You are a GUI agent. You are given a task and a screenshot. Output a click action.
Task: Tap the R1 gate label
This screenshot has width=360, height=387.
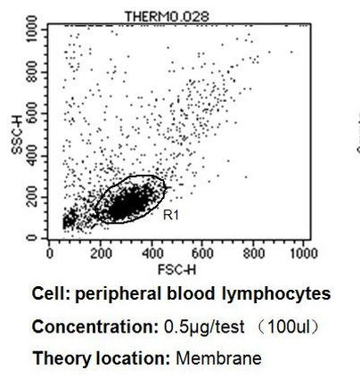169,215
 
